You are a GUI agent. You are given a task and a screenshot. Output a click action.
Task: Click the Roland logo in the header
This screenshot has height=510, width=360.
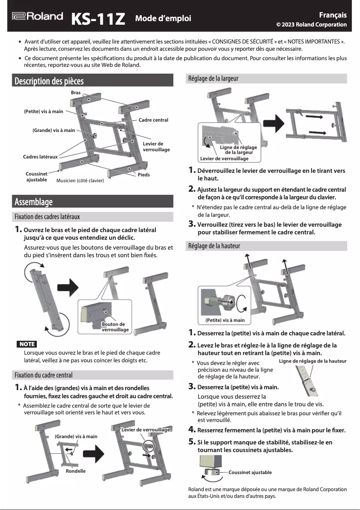(x=37, y=17)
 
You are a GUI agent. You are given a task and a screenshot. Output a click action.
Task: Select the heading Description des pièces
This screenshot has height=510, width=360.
(x=49, y=81)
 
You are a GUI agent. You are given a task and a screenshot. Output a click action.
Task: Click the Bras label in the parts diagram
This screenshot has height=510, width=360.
(x=75, y=92)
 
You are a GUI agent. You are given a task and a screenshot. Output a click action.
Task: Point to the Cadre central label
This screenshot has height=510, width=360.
(x=153, y=120)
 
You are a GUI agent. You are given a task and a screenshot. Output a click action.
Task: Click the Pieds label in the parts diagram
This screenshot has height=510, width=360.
(x=144, y=175)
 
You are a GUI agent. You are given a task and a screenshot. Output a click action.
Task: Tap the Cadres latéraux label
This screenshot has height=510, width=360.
(x=40, y=157)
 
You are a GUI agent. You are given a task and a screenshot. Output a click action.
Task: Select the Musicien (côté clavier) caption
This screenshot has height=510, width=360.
(x=80, y=180)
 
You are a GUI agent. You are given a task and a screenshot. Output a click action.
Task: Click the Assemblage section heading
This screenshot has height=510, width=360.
(x=34, y=202)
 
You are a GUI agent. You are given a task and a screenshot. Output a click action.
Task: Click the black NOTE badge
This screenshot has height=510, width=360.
(x=26, y=344)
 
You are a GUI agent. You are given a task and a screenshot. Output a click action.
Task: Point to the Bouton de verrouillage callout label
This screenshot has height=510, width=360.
(x=115, y=327)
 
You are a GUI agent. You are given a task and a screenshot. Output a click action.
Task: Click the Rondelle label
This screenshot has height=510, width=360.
(x=75, y=471)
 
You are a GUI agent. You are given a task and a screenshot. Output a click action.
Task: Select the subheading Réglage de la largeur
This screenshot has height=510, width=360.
(x=213, y=78)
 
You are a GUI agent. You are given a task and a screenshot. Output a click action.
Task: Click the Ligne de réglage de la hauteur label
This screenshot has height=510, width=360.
(x=312, y=361)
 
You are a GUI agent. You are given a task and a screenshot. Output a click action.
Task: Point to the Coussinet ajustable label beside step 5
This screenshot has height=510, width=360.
(x=250, y=472)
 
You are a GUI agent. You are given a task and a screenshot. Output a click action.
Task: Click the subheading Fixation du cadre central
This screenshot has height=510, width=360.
(x=43, y=375)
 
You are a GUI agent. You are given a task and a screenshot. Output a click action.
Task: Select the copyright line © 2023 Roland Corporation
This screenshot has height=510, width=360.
(x=311, y=24)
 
